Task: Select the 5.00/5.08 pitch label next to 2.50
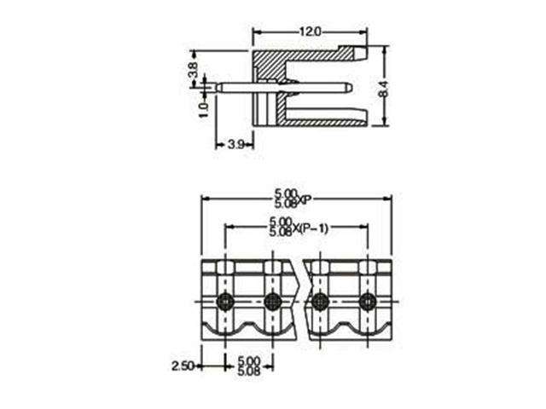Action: [x=248, y=366]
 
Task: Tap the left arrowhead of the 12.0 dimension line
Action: [x=255, y=32]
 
